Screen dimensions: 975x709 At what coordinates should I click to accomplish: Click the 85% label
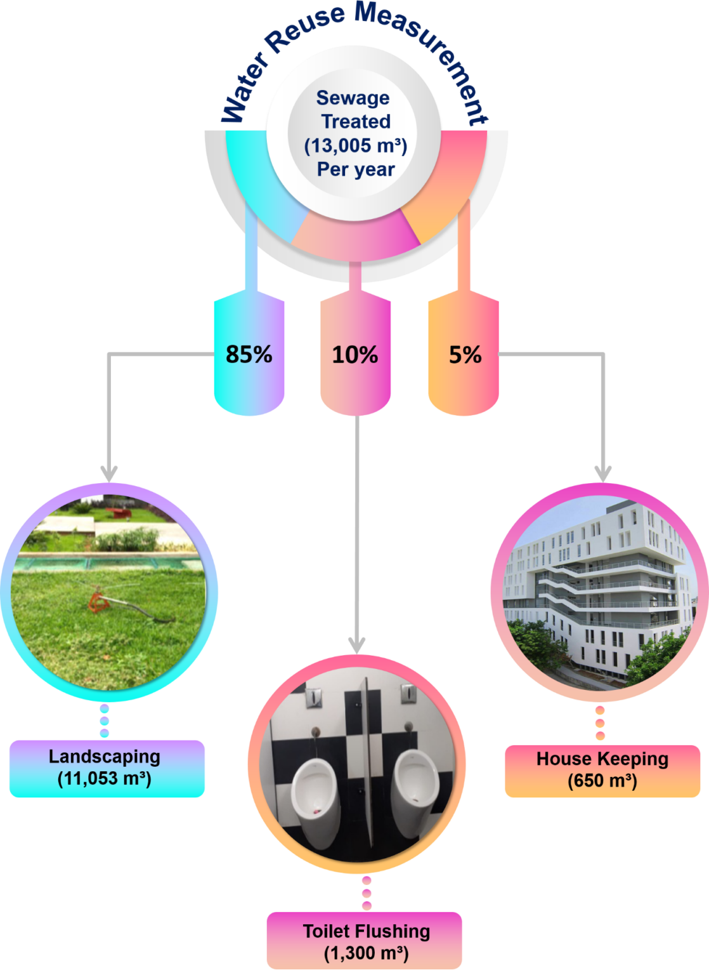pos(249,354)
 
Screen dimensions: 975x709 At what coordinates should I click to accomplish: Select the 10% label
pos(355,354)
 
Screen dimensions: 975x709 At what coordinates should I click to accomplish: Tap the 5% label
pos(465,354)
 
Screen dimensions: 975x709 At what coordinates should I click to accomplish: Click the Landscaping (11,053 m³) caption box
pos(107,768)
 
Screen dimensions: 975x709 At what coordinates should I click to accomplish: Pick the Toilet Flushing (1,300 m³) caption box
pos(364,941)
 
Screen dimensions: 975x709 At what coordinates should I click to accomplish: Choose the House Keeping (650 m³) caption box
pos(602,770)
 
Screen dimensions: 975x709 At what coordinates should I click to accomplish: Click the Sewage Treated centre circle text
pos(355,133)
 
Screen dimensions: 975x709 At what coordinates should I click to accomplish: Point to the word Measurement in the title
pos(431,51)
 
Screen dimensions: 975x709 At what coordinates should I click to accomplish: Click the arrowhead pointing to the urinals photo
pos(357,645)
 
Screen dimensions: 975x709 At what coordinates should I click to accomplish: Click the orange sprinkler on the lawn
pos(97,600)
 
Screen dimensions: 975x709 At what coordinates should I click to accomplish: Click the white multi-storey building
pos(596,584)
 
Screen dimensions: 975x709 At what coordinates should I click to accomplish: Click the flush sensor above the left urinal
pos(313,698)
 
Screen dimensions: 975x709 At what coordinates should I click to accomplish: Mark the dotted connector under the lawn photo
pos(105,720)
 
